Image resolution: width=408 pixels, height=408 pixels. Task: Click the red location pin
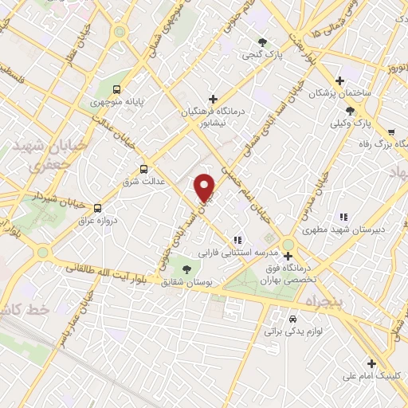pos(206,187)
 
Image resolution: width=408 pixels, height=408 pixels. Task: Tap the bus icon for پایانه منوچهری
pos(117,89)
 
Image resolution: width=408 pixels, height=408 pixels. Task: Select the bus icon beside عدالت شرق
pos(144,169)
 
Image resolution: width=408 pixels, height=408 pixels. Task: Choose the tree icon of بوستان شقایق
pos(186,269)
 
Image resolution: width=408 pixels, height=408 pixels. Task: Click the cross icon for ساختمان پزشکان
pos(340,80)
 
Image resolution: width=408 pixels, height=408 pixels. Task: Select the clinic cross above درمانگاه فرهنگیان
pos(212,98)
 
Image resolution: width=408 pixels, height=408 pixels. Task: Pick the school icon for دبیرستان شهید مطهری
pos(343,216)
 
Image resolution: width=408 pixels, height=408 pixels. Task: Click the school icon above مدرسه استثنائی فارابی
pos(237,240)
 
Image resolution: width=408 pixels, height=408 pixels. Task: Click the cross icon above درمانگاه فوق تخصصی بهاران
pos(288,256)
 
